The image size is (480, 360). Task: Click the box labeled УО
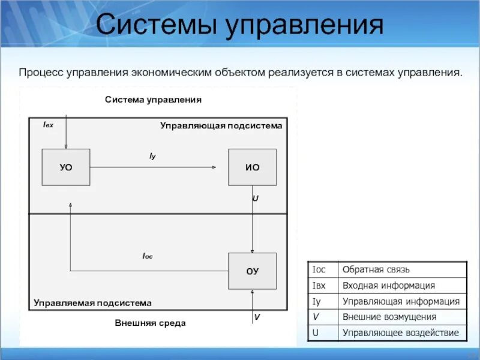click(x=66, y=167)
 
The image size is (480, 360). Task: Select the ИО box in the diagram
click(x=253, y=167)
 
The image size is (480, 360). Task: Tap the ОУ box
click(x=253, y=271)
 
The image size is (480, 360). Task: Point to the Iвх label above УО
click(x=49, y=125)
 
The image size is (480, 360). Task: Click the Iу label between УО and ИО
click(x=152, y=156)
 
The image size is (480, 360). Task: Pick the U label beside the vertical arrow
click(x=255, y=197)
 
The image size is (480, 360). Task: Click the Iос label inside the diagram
click(x=148, y=256)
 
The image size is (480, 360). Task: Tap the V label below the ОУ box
click(x=257, y=316)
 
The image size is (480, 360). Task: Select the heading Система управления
click(x=154, y=100)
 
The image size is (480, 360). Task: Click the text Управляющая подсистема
click(x=221, y=125)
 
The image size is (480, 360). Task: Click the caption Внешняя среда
click(x=151, y=323)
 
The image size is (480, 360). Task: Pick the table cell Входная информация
click(x=388, y=286)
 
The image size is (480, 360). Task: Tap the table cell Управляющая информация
click(x=401, y=301)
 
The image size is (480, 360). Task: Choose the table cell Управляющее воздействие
click(x=400, y=332)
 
